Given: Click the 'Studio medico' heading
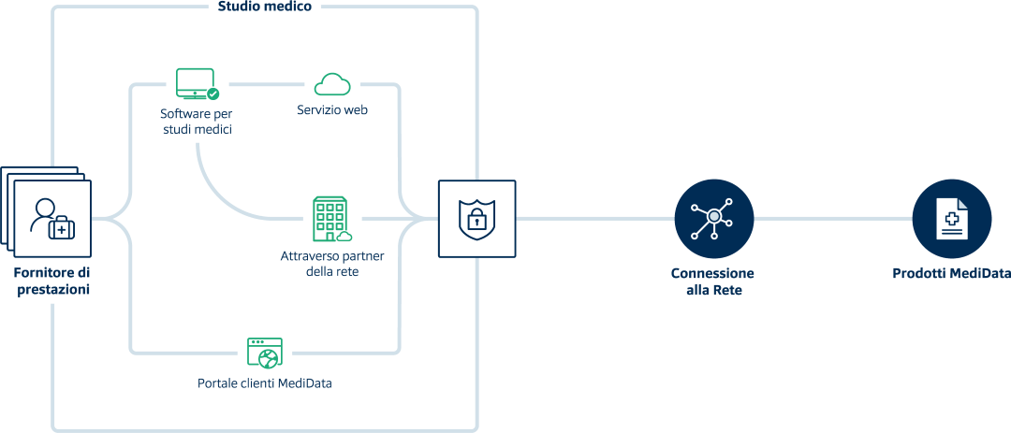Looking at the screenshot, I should [264, 7].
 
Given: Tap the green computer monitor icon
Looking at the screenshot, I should [195, 83].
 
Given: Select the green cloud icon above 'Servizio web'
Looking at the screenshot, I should [332, 84].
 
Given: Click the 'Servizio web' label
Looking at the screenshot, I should [332, 110].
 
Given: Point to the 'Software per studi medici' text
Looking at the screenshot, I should [196, 122].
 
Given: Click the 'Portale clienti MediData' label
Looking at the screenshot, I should [265, 383].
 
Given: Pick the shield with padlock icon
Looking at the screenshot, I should [476, 219].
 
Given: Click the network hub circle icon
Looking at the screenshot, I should [713, 219].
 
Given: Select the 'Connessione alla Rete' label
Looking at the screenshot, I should [712, 281].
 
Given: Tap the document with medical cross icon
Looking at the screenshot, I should [951, 219].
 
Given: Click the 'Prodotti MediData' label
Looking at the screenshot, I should [950, 274].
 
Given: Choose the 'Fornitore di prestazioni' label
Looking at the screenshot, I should [52, 281].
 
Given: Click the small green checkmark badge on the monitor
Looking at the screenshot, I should [213, 94].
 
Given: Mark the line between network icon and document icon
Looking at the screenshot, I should [833, 219].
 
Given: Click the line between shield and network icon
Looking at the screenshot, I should [594, 219].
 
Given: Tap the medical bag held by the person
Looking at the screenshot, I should [62, 228].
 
